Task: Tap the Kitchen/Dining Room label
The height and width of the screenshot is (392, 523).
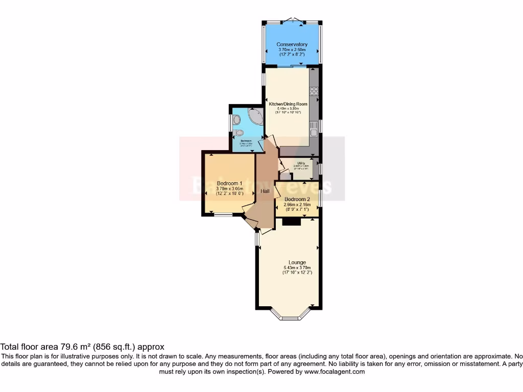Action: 289,104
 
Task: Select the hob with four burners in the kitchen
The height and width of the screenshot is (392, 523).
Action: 313,92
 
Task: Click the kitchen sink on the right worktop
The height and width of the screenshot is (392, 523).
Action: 314,133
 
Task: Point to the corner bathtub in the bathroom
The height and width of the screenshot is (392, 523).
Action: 254,119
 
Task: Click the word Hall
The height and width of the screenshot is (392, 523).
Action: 265,191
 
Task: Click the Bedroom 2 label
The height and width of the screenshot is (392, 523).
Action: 297,199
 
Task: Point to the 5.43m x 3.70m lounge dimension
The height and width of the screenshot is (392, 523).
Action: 297,268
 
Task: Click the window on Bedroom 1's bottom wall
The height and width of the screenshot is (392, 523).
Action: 223,215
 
